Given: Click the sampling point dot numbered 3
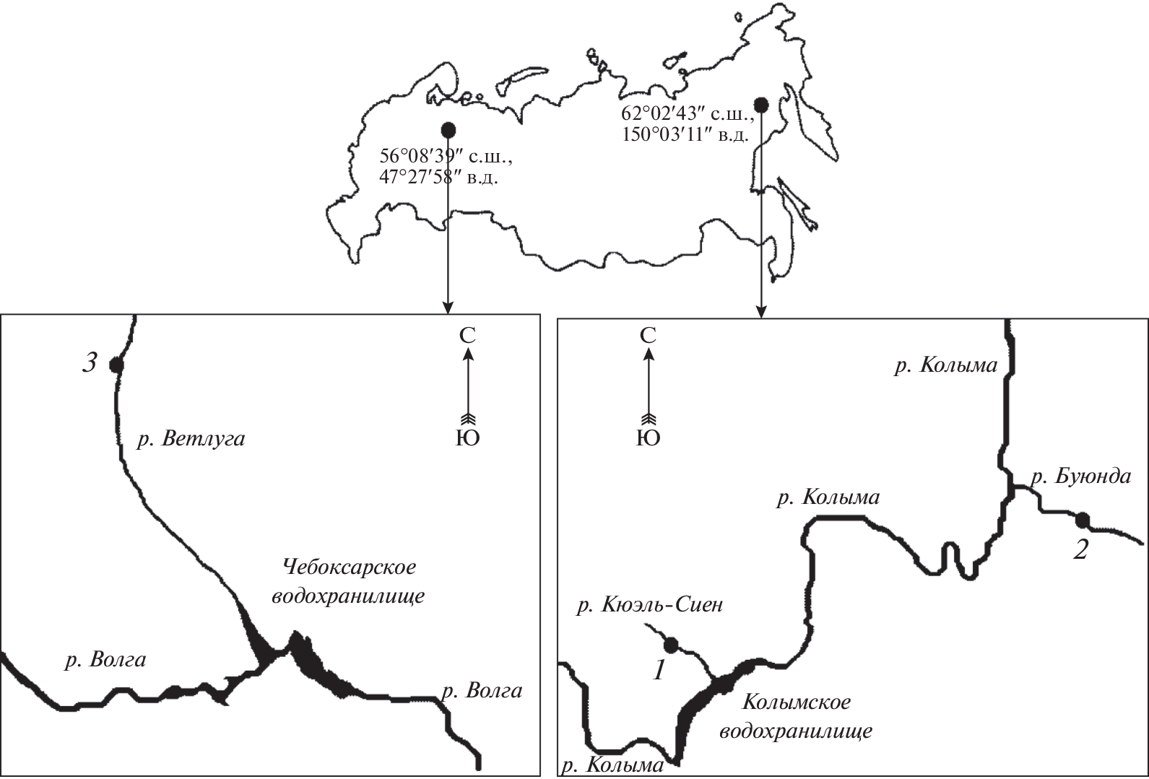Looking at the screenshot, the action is click(116, 365).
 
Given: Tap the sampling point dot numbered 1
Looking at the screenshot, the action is click(671, 644).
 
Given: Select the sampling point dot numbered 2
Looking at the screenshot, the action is click(1083, 520).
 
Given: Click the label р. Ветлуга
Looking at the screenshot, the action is click(191, 440).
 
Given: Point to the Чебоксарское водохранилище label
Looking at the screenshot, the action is click(348, 582).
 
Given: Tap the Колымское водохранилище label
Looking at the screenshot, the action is click(796, 716).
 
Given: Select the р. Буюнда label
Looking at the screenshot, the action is click(1081, 477).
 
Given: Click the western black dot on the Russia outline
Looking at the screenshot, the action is click(448, 129).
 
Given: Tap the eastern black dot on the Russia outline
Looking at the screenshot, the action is click(762, 105).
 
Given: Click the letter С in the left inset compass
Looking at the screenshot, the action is click(467, 336).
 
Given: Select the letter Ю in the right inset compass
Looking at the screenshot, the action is click(649, 438).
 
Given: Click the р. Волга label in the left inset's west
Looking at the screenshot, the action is click(105, 660).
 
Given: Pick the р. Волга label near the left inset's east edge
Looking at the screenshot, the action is click(482, 692).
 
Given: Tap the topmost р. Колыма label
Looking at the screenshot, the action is click(946, 365).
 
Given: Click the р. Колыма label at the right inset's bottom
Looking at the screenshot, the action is click(612, 766).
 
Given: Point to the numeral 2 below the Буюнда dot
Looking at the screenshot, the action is click(1080, 550).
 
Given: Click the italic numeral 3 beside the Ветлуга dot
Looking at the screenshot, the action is click(90, 363).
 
